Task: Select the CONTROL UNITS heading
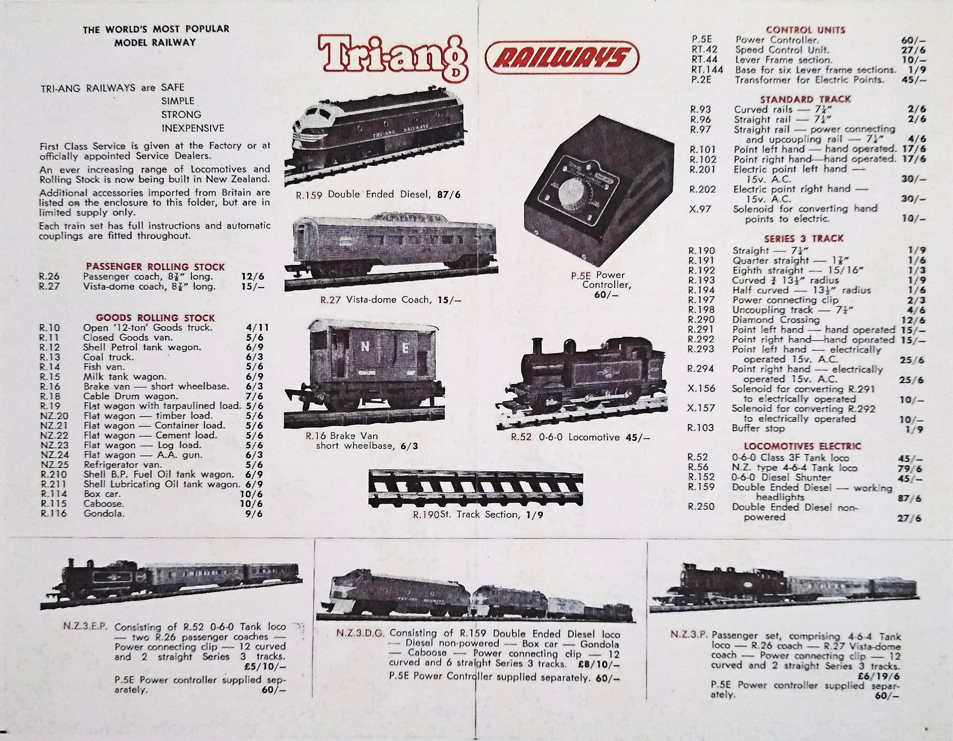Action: [805, 30]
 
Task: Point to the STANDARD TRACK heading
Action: [805, 99]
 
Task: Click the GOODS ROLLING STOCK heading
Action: [155, 317]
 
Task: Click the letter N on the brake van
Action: [364, 347]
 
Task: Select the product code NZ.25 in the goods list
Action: [54, 465]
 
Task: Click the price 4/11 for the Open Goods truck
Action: [257, 327]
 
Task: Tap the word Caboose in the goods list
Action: [103, 504]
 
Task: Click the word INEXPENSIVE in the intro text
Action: [193, 128]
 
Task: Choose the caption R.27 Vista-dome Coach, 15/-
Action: [391, 300]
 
